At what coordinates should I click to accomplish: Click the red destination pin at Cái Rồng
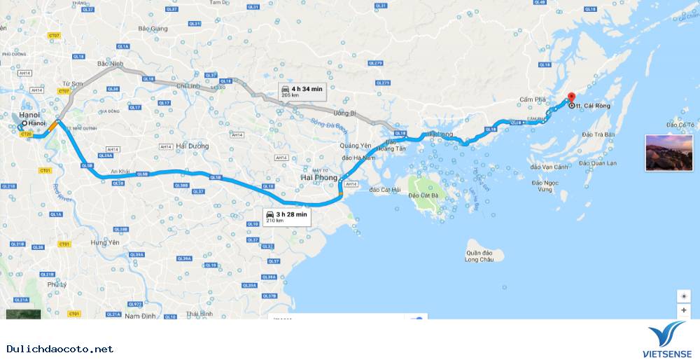570,98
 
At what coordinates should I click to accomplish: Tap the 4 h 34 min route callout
301,91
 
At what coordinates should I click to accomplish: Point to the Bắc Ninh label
110,64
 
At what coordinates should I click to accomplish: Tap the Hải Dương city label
192,146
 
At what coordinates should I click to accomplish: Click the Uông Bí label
344,113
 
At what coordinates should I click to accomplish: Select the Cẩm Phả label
532,99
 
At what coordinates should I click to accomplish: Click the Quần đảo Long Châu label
479,255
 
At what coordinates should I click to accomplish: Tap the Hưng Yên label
106,242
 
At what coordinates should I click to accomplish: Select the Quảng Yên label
354,146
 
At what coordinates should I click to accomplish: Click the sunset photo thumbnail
668,153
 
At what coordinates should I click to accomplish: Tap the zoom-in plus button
683,310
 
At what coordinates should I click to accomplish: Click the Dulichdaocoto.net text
60,348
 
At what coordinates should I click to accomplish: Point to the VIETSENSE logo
667,342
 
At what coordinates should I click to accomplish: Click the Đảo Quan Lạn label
597,163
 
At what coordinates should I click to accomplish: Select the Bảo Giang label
153,29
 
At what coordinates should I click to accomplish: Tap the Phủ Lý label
56,285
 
